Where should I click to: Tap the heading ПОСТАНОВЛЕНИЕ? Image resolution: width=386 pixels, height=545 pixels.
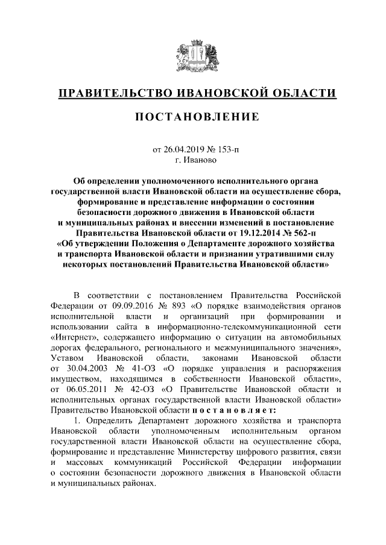[193, 116]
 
